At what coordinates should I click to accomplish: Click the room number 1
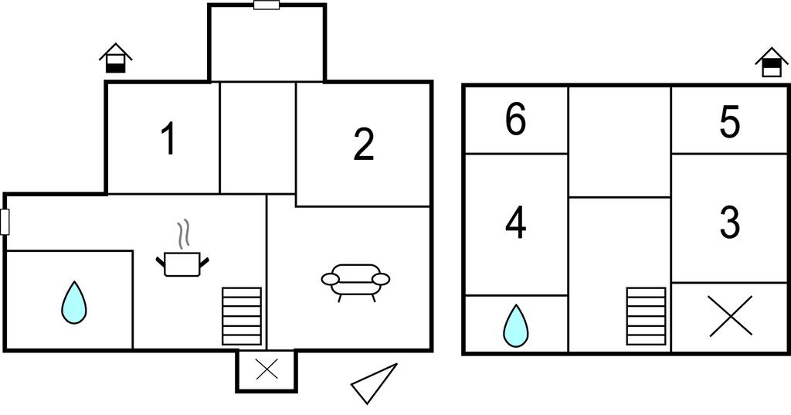[x=168, y=139]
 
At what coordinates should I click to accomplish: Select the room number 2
[x=364, y=145]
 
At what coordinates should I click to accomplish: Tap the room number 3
[x=729, y=223]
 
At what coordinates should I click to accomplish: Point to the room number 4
[x=515, y=224]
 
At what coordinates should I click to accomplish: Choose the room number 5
[x=729, y=122]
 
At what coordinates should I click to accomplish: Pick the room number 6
[x=515, y=120]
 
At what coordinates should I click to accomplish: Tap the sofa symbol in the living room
[x=355, y=281]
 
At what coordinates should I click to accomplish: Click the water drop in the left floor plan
[x=74, y=302]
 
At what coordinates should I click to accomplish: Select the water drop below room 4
[x=516, y=325]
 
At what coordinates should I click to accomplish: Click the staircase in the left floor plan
[x=242, y=316]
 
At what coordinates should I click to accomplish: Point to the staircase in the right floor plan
[x=646, y=316]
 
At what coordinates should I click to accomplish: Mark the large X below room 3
[x=730, y=317]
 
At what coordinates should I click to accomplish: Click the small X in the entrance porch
[x=266, y=369]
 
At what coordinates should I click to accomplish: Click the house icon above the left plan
[x=115, y=58]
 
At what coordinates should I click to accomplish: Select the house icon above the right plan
[x=771, y=62]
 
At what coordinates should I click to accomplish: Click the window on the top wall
[x=266, y=5]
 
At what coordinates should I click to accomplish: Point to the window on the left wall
[x=5, y=222]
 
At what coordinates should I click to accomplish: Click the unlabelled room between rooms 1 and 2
[x=258, y=138]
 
